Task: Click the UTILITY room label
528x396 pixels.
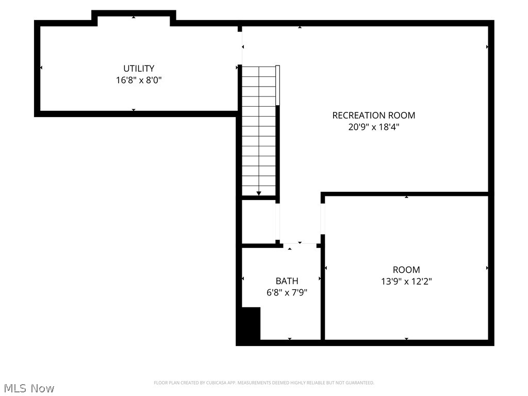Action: pos(139,68)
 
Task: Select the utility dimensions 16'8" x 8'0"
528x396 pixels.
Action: pos(139,80)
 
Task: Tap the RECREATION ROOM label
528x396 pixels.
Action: pos(373,115)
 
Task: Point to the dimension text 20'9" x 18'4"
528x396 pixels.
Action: pos(373,127)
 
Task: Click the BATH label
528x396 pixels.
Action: pos(287,281)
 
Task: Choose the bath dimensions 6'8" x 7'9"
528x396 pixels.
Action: pos(287,293)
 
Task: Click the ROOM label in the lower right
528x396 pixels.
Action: pos(406,269)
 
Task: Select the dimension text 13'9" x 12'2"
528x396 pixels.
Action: pos(406,282)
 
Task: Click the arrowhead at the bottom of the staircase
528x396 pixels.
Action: pos(259,193)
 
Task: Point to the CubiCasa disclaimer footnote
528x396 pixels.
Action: pos(264,383)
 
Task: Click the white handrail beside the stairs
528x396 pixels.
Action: pos(277,85)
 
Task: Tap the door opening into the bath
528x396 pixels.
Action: pos(299,243)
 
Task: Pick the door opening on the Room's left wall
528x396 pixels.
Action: pos(323,219)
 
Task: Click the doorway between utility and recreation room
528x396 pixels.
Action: pos(240,49)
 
